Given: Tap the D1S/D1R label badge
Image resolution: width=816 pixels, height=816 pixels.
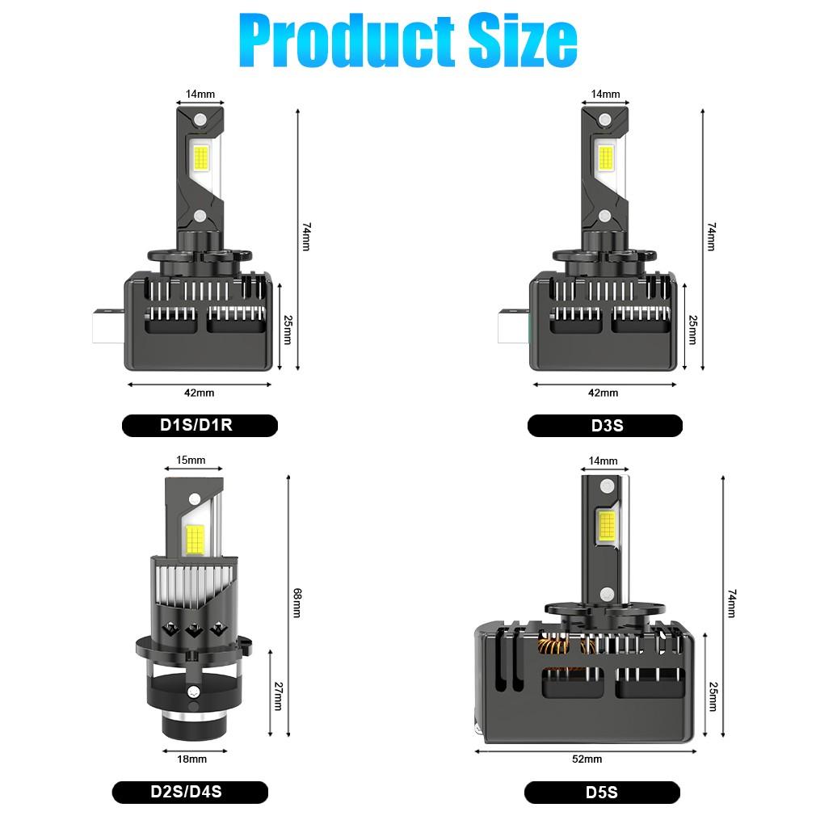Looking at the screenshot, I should [x=200, y=425].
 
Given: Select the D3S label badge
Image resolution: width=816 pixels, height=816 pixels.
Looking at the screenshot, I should [x=604, y=425].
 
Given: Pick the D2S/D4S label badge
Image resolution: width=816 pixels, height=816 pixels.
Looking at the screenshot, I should [x=190, y=792].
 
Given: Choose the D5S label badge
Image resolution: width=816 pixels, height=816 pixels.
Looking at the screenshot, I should [x=602, y=792].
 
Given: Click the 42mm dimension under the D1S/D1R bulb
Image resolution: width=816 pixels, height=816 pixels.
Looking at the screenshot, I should [x=199, y=393].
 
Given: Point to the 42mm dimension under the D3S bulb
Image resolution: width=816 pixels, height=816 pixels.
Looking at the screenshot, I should [x=604, y=393].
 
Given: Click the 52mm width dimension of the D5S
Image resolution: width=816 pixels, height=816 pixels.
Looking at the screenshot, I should [x=587, y=759].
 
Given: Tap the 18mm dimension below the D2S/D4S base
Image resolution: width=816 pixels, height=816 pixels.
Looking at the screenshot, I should [x=191, y=759].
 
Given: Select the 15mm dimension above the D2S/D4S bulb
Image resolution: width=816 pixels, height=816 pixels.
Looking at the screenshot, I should [x=191, y=461].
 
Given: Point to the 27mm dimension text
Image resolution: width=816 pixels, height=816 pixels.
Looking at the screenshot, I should [x=278, y=696].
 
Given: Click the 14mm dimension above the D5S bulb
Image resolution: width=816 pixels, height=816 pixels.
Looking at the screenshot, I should [x=604, y=461].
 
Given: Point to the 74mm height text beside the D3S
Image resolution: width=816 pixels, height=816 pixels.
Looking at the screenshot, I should [x=711, y=237].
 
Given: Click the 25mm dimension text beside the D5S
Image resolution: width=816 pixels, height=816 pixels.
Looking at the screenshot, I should [x=713, y=696].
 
